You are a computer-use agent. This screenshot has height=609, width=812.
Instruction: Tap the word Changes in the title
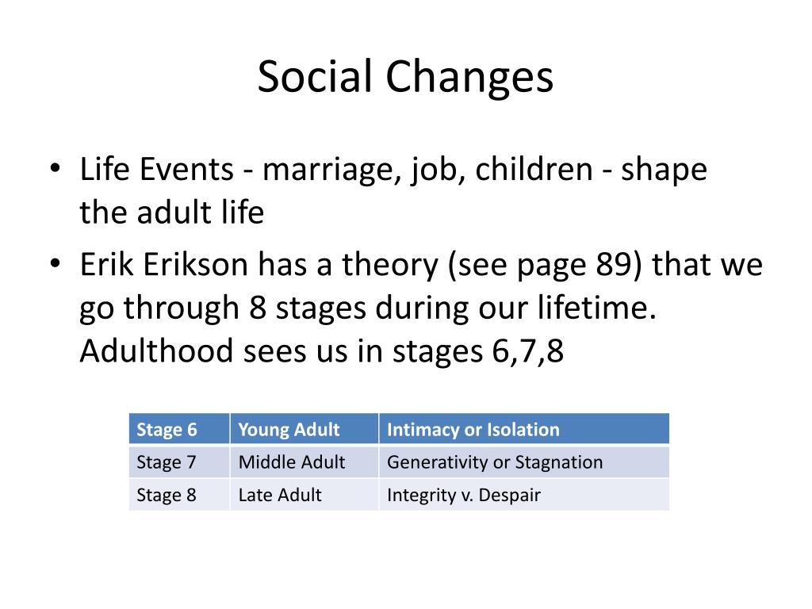point(470,78)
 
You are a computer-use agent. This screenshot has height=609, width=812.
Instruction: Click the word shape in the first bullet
point(663,171)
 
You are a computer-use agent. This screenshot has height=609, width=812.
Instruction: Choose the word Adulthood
point(155,350)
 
